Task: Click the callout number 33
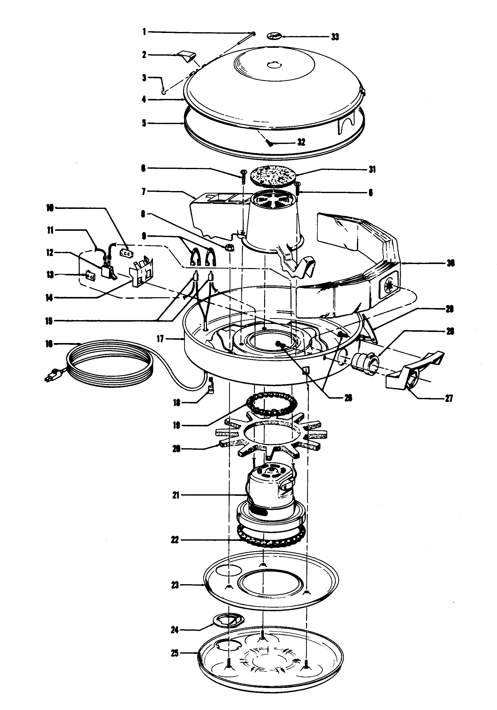(x=335, y=37)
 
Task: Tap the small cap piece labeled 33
(x=274, y=36)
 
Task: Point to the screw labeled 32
(x=270, y=143)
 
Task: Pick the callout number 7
(x=143, y=192)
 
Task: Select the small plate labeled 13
(x=90, y=275)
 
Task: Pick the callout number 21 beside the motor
(x=176, y=495)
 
